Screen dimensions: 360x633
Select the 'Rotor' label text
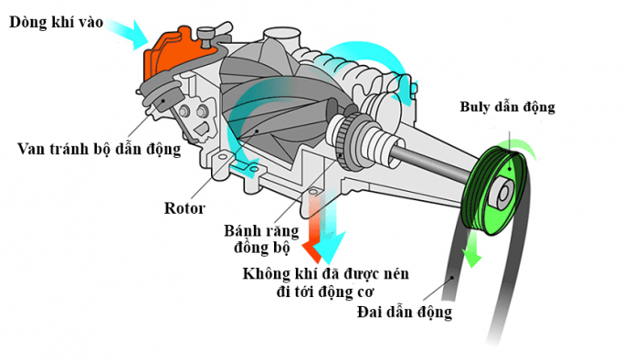click(x=185, y=206)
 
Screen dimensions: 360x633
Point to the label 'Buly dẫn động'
click(x=507, y=107)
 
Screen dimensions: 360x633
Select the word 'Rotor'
click(x=185, y=206)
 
